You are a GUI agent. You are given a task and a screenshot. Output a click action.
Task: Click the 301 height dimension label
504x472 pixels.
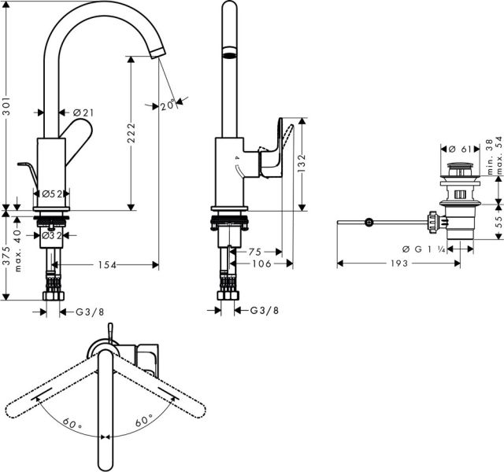click(8, 113)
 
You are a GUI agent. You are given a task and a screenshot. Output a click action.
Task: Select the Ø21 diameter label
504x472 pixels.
click(83, 113)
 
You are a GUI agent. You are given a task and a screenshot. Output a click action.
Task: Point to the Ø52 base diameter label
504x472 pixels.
click(52, 194)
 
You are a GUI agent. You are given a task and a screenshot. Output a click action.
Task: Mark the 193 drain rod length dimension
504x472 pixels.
click(398, 264)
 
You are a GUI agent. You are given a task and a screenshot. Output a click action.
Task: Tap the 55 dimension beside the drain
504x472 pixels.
click(498, 223)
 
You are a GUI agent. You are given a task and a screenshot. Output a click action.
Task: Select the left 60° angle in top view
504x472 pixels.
click(73, 423)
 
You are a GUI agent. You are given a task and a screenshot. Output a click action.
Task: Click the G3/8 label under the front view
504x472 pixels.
click(90, 312)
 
